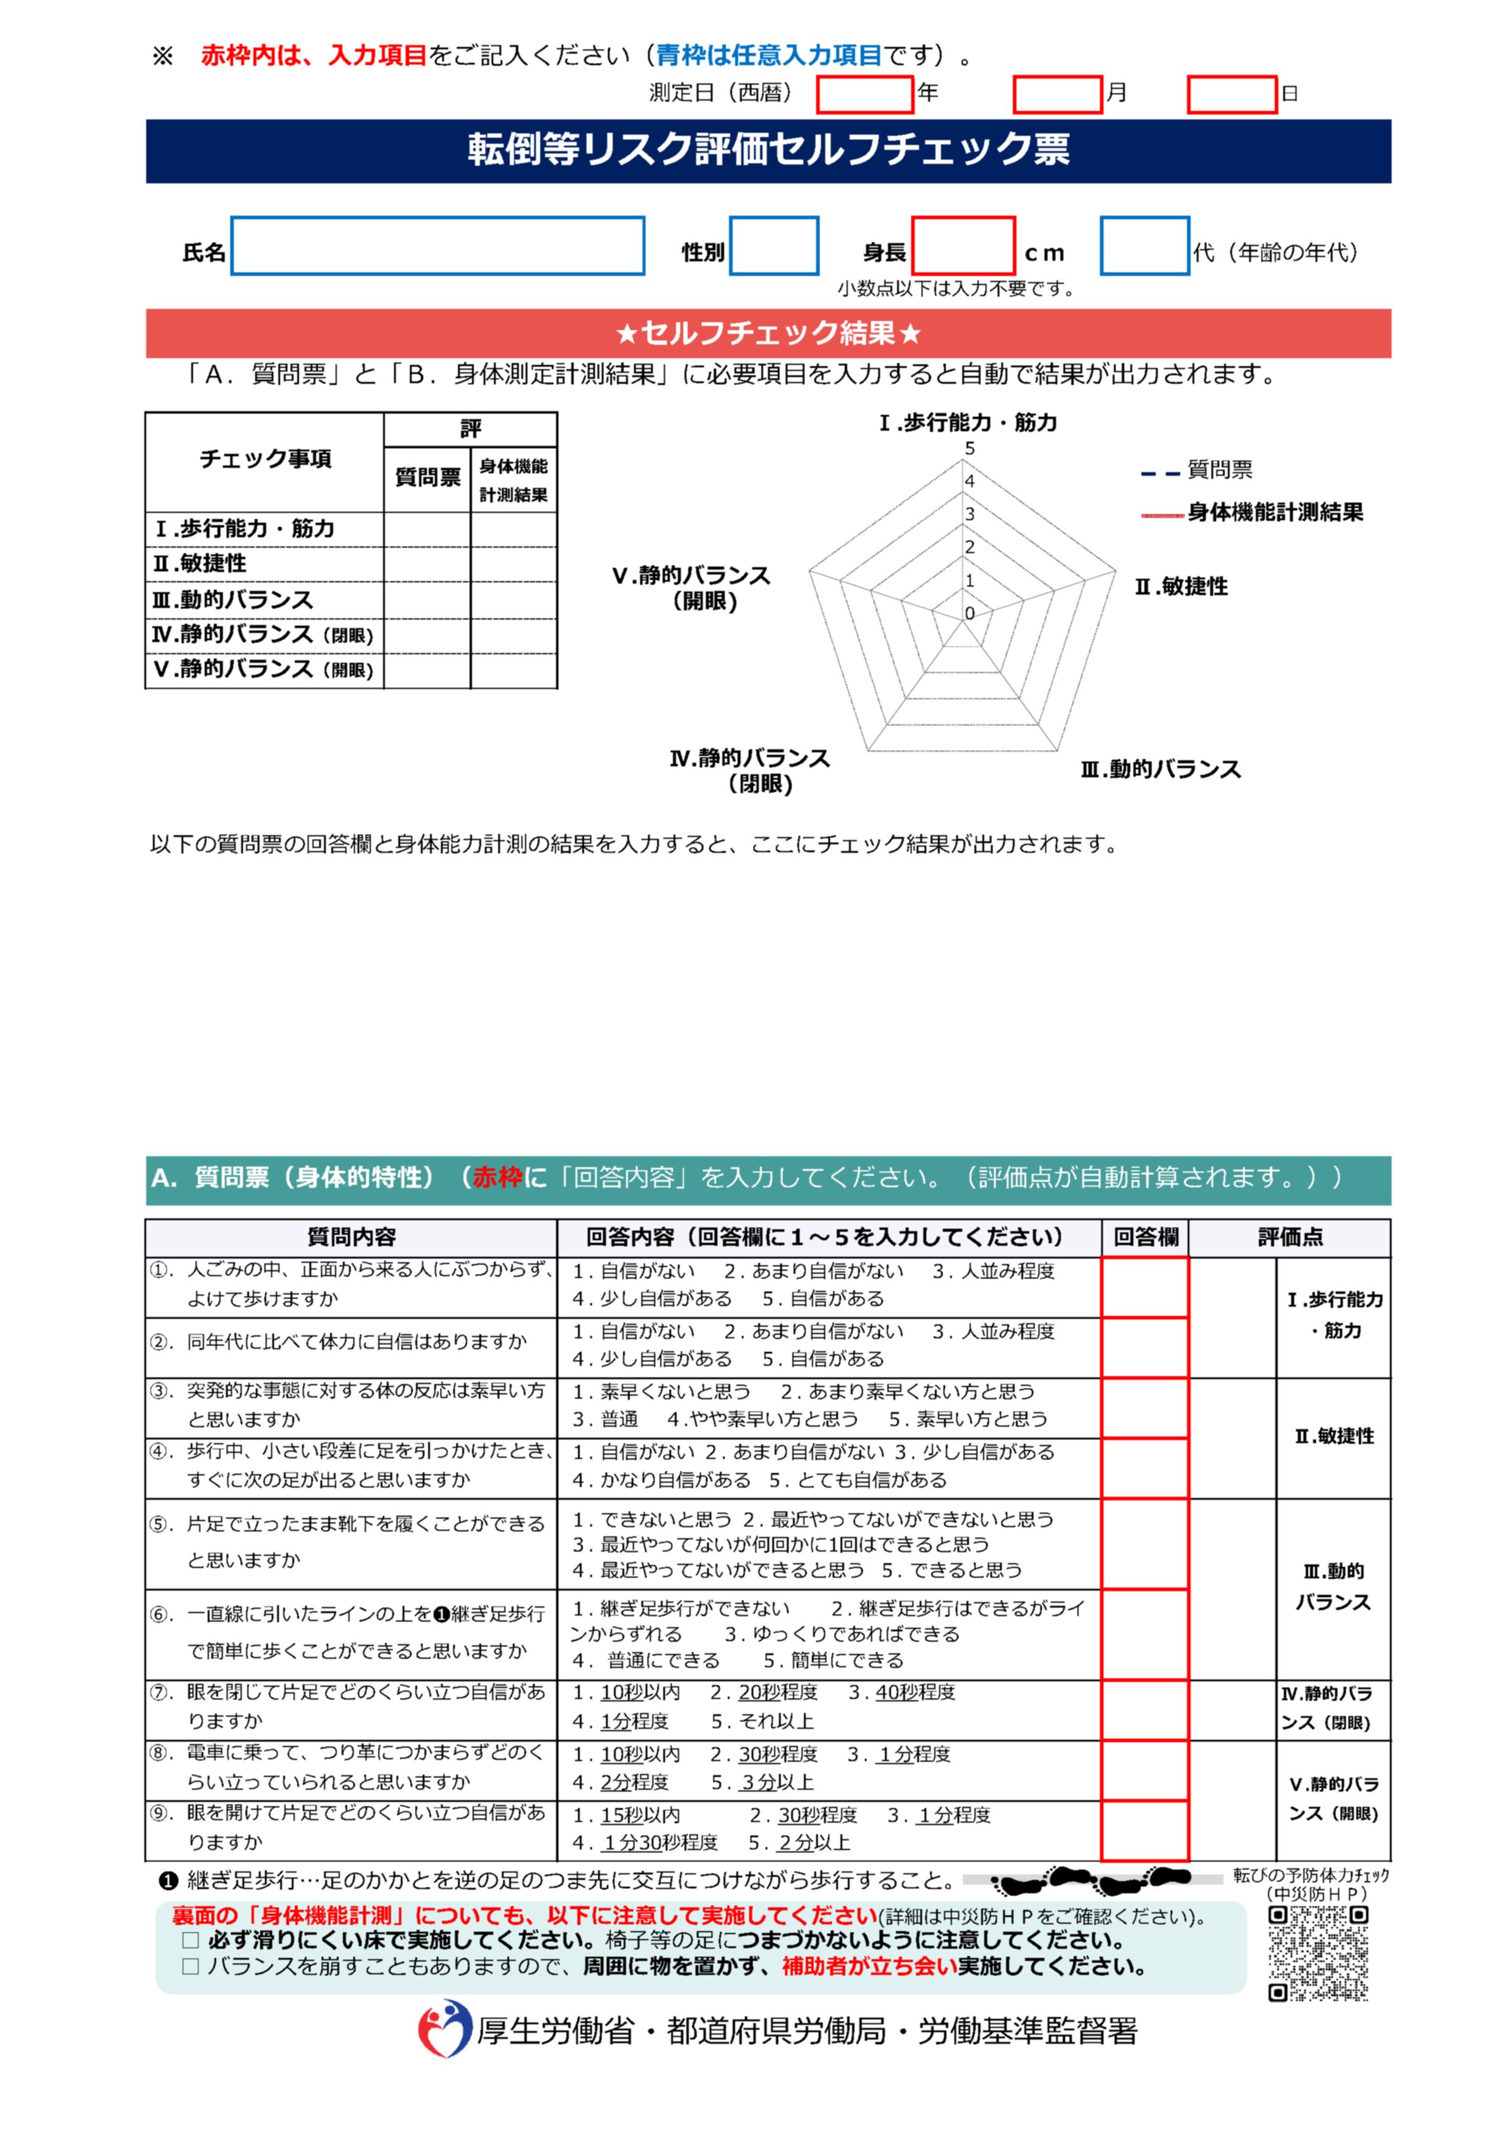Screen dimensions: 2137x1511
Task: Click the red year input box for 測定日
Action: [x=864, y=94]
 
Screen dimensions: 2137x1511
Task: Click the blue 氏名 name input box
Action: [x=437, y=245]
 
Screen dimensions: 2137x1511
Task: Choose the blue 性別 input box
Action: [x=773, y=245]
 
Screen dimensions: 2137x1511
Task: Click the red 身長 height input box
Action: [x=963, y=245]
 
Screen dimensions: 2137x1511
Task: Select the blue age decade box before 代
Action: [x=1144, y=245]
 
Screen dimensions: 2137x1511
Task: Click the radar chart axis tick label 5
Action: [x=970, y=448]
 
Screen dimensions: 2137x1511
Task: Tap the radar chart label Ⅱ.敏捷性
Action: [x=1181, y=587]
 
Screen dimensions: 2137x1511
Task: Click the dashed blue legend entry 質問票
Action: [x=1219, y=471]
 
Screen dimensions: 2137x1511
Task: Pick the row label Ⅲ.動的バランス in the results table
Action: [x=233, y=600]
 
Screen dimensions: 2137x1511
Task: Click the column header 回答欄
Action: [x=1146, y=1237]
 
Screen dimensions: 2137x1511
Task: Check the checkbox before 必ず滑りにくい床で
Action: [x=191, y=1941]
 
